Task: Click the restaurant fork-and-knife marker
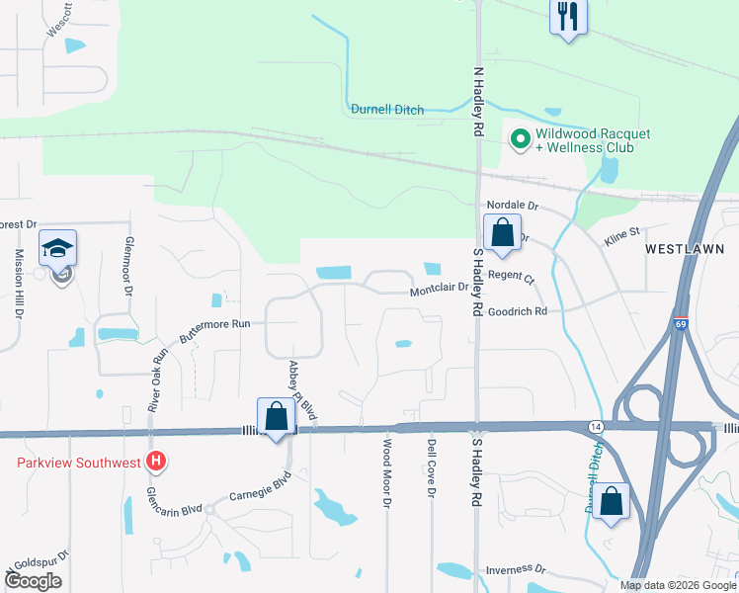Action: [567, 18]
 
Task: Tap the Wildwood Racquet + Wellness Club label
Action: [584, 140]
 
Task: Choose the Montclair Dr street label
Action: [438, 292]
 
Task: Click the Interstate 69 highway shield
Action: [681, 322]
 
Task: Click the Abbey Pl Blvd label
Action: [302, 391]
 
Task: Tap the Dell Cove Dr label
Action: [432, 468]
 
